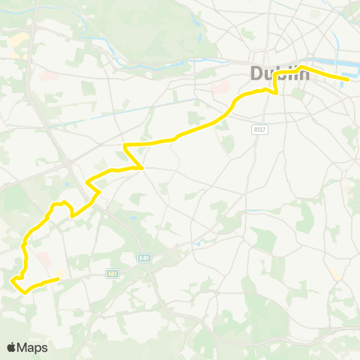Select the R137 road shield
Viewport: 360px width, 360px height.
pos(259,129)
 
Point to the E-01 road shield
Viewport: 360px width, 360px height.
pos(145,258)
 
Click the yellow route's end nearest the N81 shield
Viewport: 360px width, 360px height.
pos(58,279)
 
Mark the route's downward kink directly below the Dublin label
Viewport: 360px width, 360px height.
pos(275,93)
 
